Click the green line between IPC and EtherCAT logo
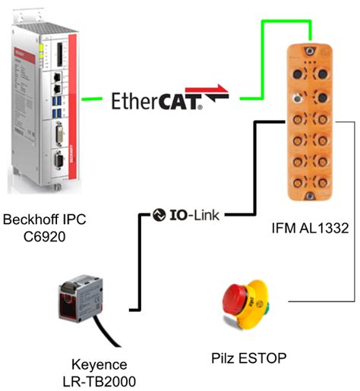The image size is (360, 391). click(93, 98)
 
